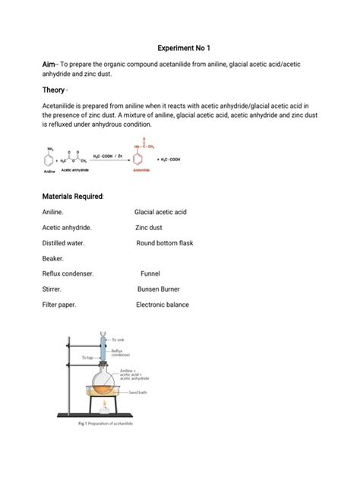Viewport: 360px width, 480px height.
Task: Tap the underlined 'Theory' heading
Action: (53, 90)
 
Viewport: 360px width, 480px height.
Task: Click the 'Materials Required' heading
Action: (72, 197)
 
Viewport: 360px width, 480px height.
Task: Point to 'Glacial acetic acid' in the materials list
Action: (160, 213)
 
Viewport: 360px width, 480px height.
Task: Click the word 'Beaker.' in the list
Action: (55, 258)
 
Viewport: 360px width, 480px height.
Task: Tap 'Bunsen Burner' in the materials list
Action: (160, 289)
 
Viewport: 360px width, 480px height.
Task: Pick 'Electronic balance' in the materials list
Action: (163, 305)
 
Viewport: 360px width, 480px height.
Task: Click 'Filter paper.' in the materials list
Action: (62, 305)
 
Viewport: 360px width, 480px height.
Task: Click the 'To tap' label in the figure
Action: (89, 356)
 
